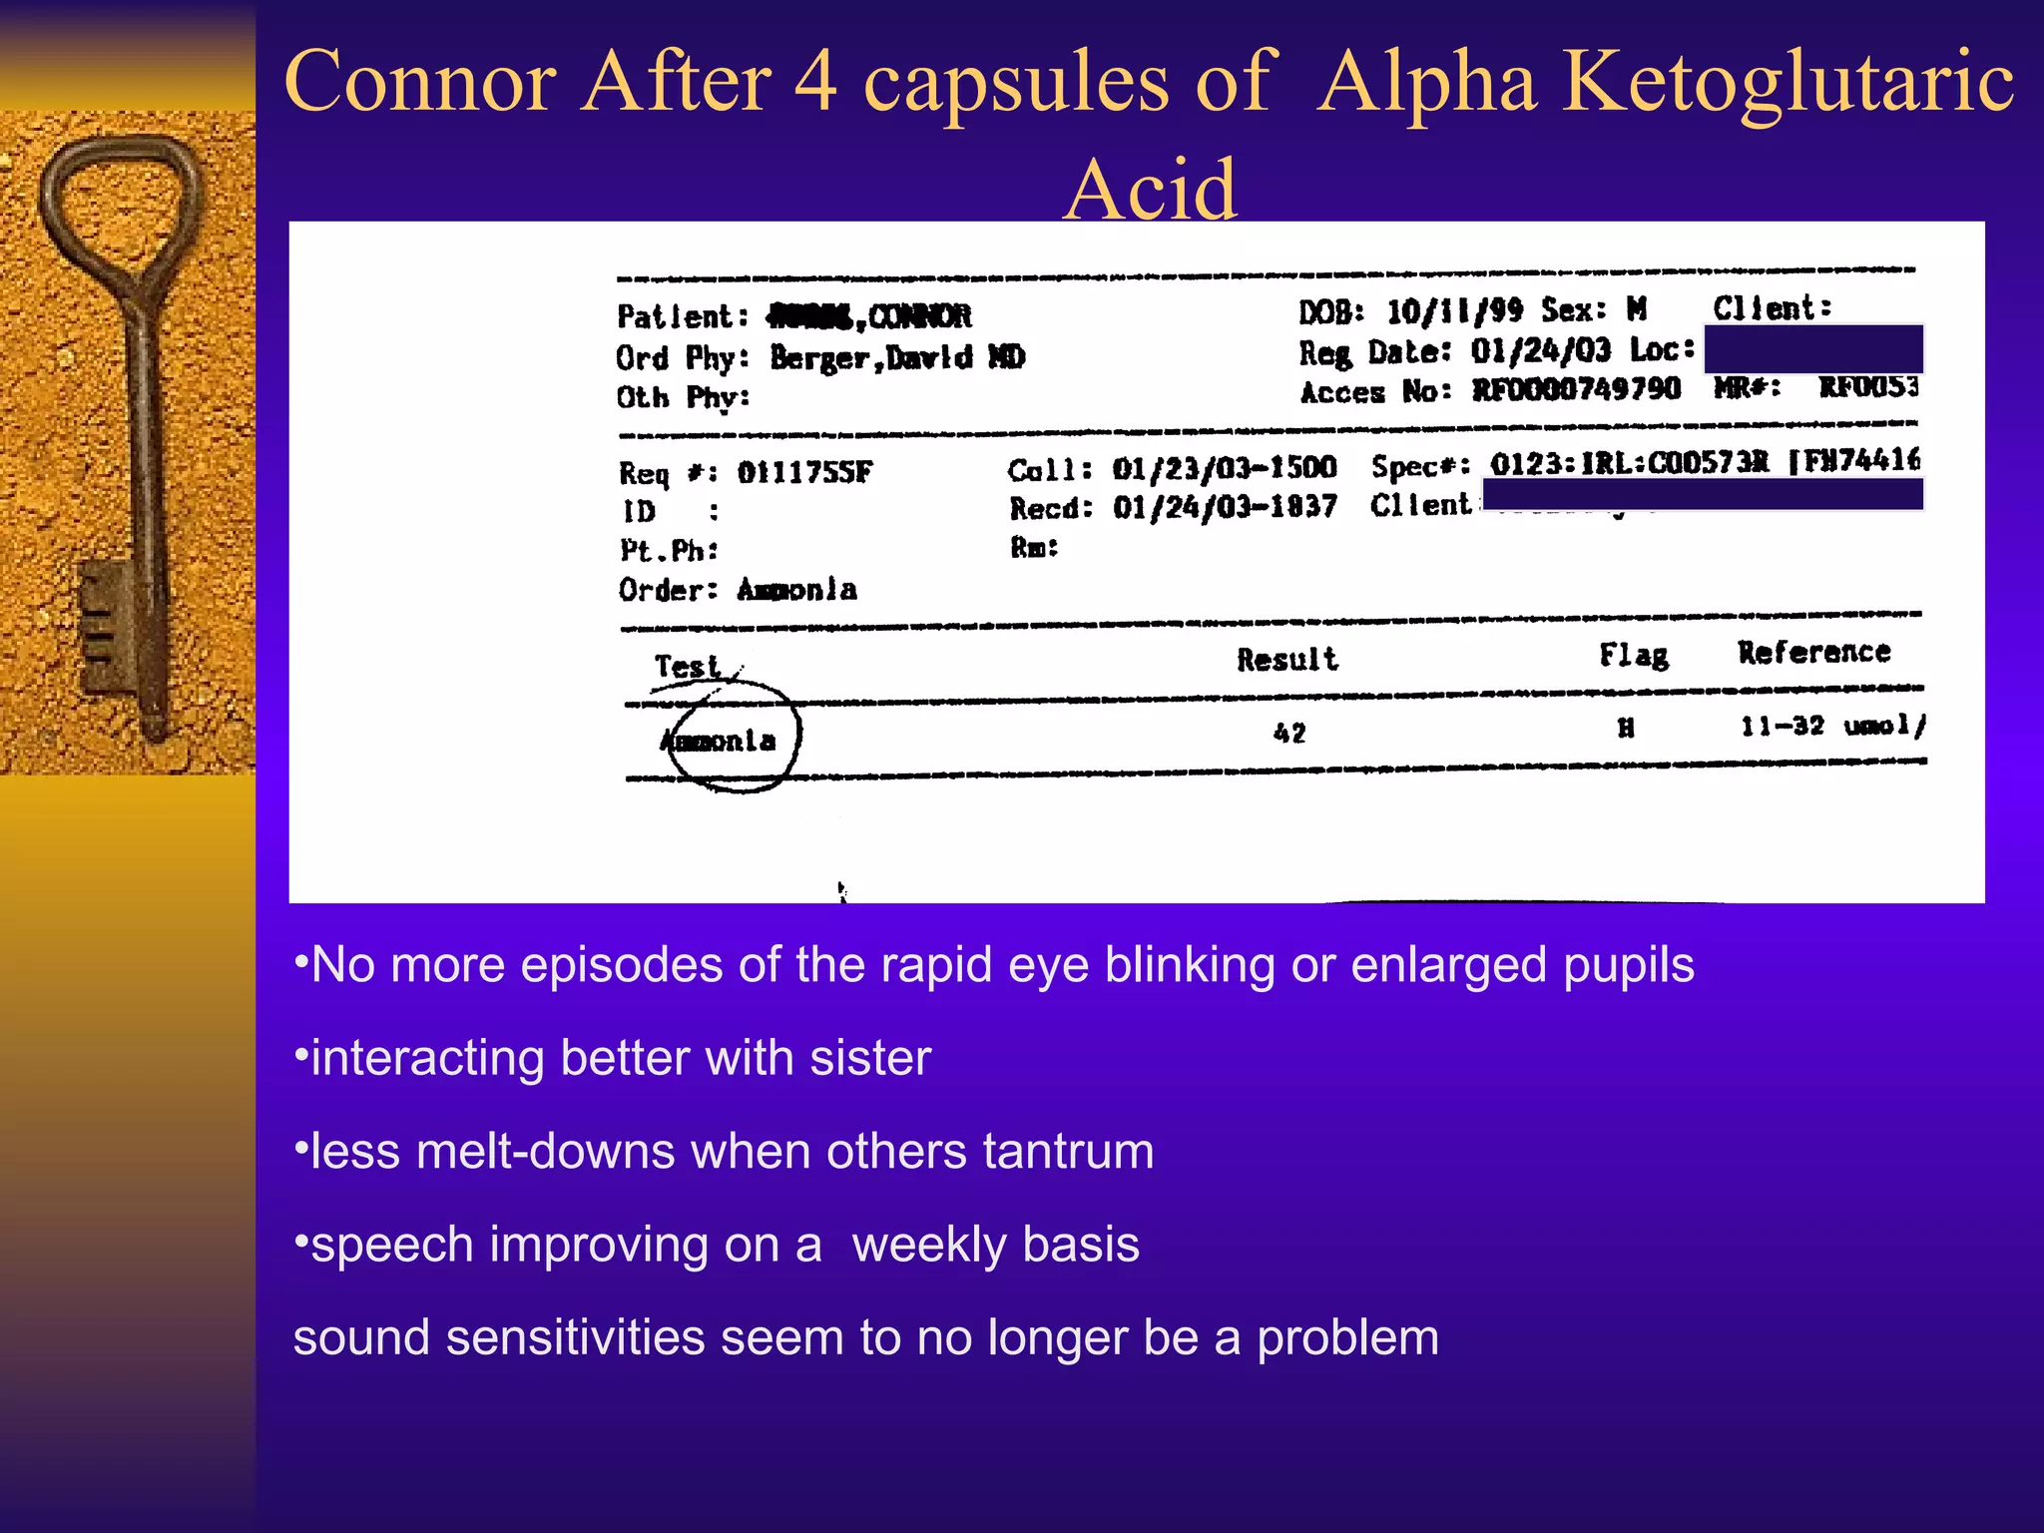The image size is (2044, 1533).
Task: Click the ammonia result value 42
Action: tap(1289, 734)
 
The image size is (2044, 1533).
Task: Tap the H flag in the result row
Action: tap(1626, 730)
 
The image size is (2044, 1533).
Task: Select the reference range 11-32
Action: tap(1783, 727)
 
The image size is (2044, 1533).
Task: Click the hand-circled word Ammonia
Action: tap(719, 741)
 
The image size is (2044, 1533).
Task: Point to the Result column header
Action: tap(1287, 660)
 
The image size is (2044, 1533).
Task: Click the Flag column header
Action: tap(1634, 655)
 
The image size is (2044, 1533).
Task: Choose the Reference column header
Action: tap(1814, 653)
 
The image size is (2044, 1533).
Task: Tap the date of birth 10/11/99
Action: tap(1455, 311)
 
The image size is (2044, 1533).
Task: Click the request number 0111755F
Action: tap(804, 472)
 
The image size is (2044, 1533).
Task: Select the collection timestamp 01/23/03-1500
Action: tap(1225, 468)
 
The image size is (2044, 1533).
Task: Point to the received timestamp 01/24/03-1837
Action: tap(1225, 508)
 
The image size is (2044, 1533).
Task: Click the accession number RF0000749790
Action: tap(1577, 389)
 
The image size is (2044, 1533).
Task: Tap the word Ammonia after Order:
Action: tap(796, 590)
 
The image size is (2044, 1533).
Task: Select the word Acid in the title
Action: tap(1151, 189)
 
